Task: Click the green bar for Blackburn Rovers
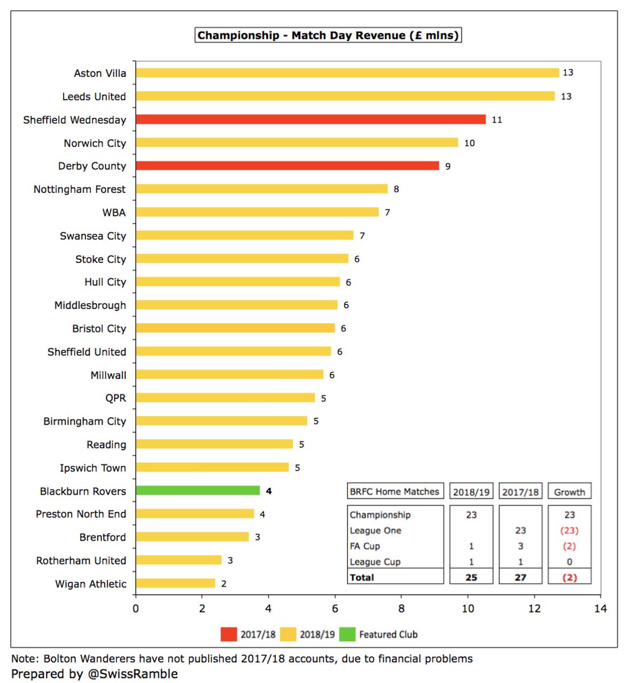[x=198, y=491]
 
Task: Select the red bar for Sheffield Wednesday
[x=311, y=120]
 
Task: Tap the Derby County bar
[x=287, y=166]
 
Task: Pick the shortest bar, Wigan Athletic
[x=175, y=583]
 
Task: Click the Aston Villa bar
[x=348, y=73]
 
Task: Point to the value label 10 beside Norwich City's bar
[x=469, y=143]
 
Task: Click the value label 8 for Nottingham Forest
[x=396, y=189]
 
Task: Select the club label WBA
[x=114, y=212]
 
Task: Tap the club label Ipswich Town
[x=93, y=468]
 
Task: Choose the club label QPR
[x=116, y=398]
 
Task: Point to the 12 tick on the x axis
[x=534, y=608]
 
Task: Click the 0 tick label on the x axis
[x=136, y=608]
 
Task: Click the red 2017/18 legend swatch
[x=229, y=634]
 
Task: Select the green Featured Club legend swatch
[x=348, y=634]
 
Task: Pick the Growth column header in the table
[x=569, y=492]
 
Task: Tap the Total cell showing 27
[x=520, y=577]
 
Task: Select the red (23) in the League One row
[x=569, y=530]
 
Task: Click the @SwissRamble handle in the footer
[x=133, y=674]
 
